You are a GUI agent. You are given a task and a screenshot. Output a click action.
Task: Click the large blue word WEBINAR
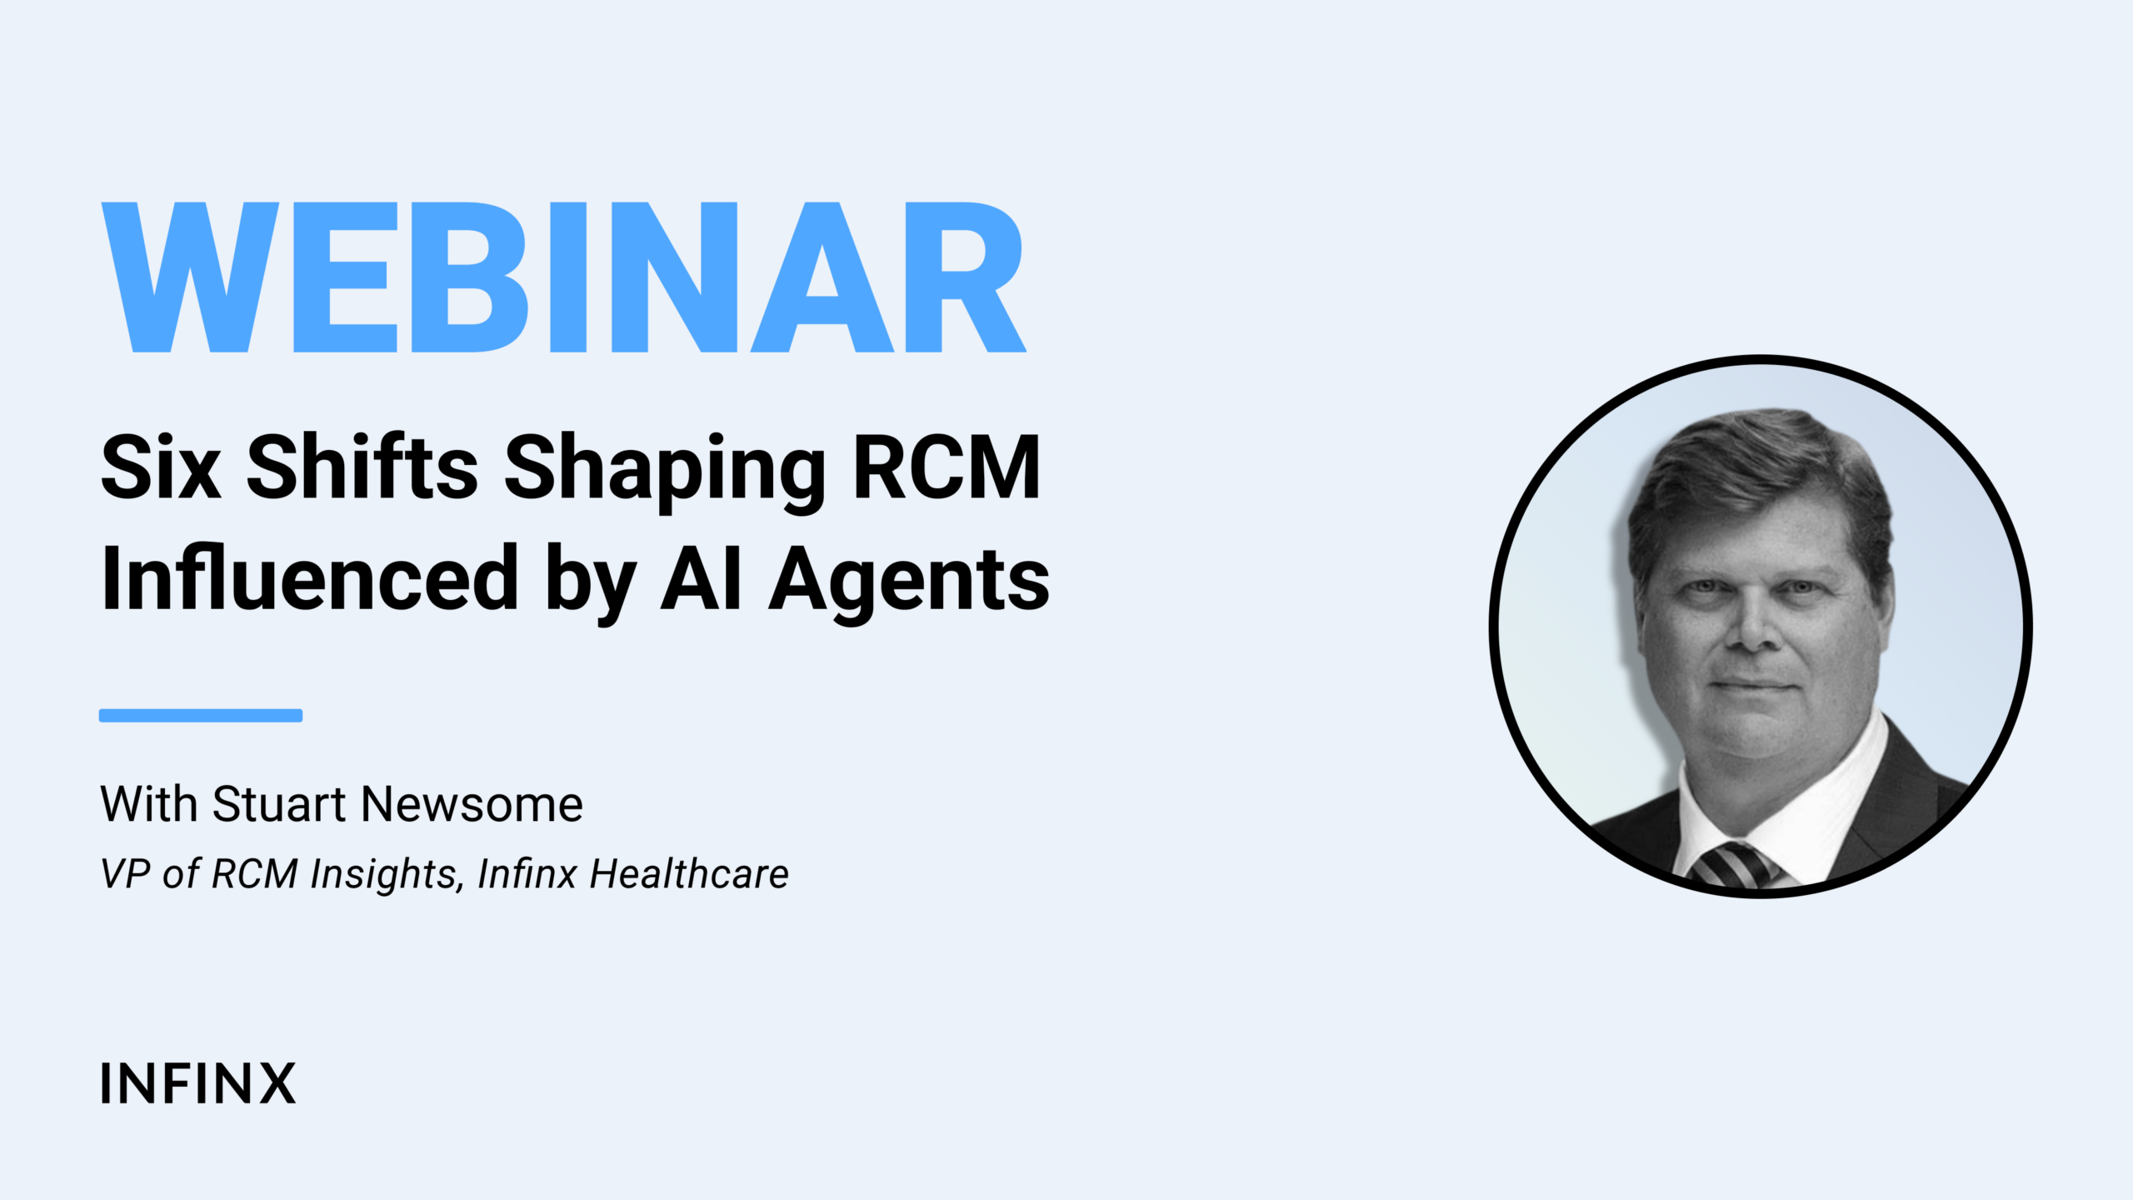click(x=563, y=277)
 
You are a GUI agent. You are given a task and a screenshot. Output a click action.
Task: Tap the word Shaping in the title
click(x=665, y=471)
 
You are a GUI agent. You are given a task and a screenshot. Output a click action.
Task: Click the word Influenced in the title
click(x=310, y=577)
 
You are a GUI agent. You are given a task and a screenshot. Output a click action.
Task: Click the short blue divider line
click(x=201, y=715)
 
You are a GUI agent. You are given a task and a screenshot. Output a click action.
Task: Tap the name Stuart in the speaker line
click(x=279, y=804)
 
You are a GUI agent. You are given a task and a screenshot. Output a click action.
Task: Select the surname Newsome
click(x=472, y=804)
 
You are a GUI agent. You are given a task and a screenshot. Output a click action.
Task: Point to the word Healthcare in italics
click(x=689, y=874)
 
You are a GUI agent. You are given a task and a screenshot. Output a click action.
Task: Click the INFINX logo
click(x=198, y=1083)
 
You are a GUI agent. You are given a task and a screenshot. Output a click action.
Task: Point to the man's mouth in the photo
click(x=1753, y=685)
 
